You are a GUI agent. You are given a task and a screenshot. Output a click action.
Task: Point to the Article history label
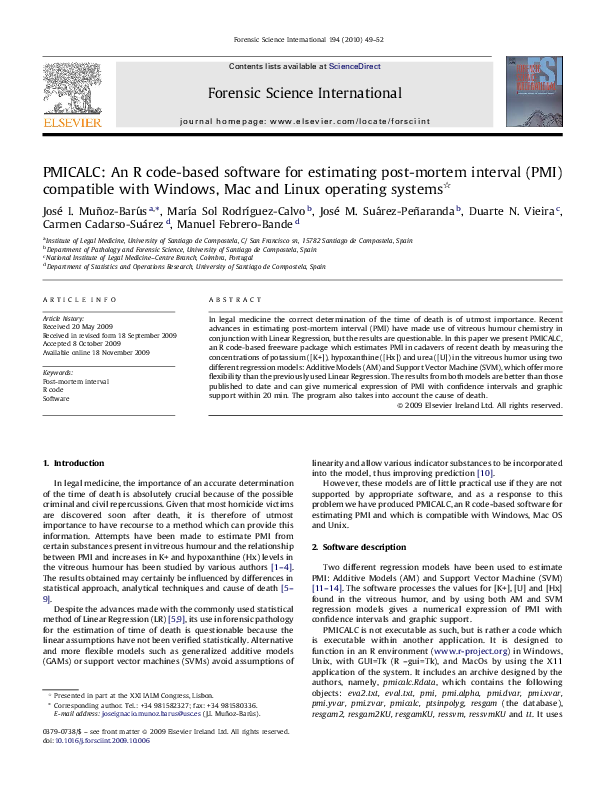tap(61, 317)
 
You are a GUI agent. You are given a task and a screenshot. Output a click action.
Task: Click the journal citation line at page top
tap(297, 40)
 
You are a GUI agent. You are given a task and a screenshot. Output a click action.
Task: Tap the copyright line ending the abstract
tap(480, 405)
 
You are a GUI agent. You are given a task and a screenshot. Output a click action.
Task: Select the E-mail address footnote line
tap(142, 736)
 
